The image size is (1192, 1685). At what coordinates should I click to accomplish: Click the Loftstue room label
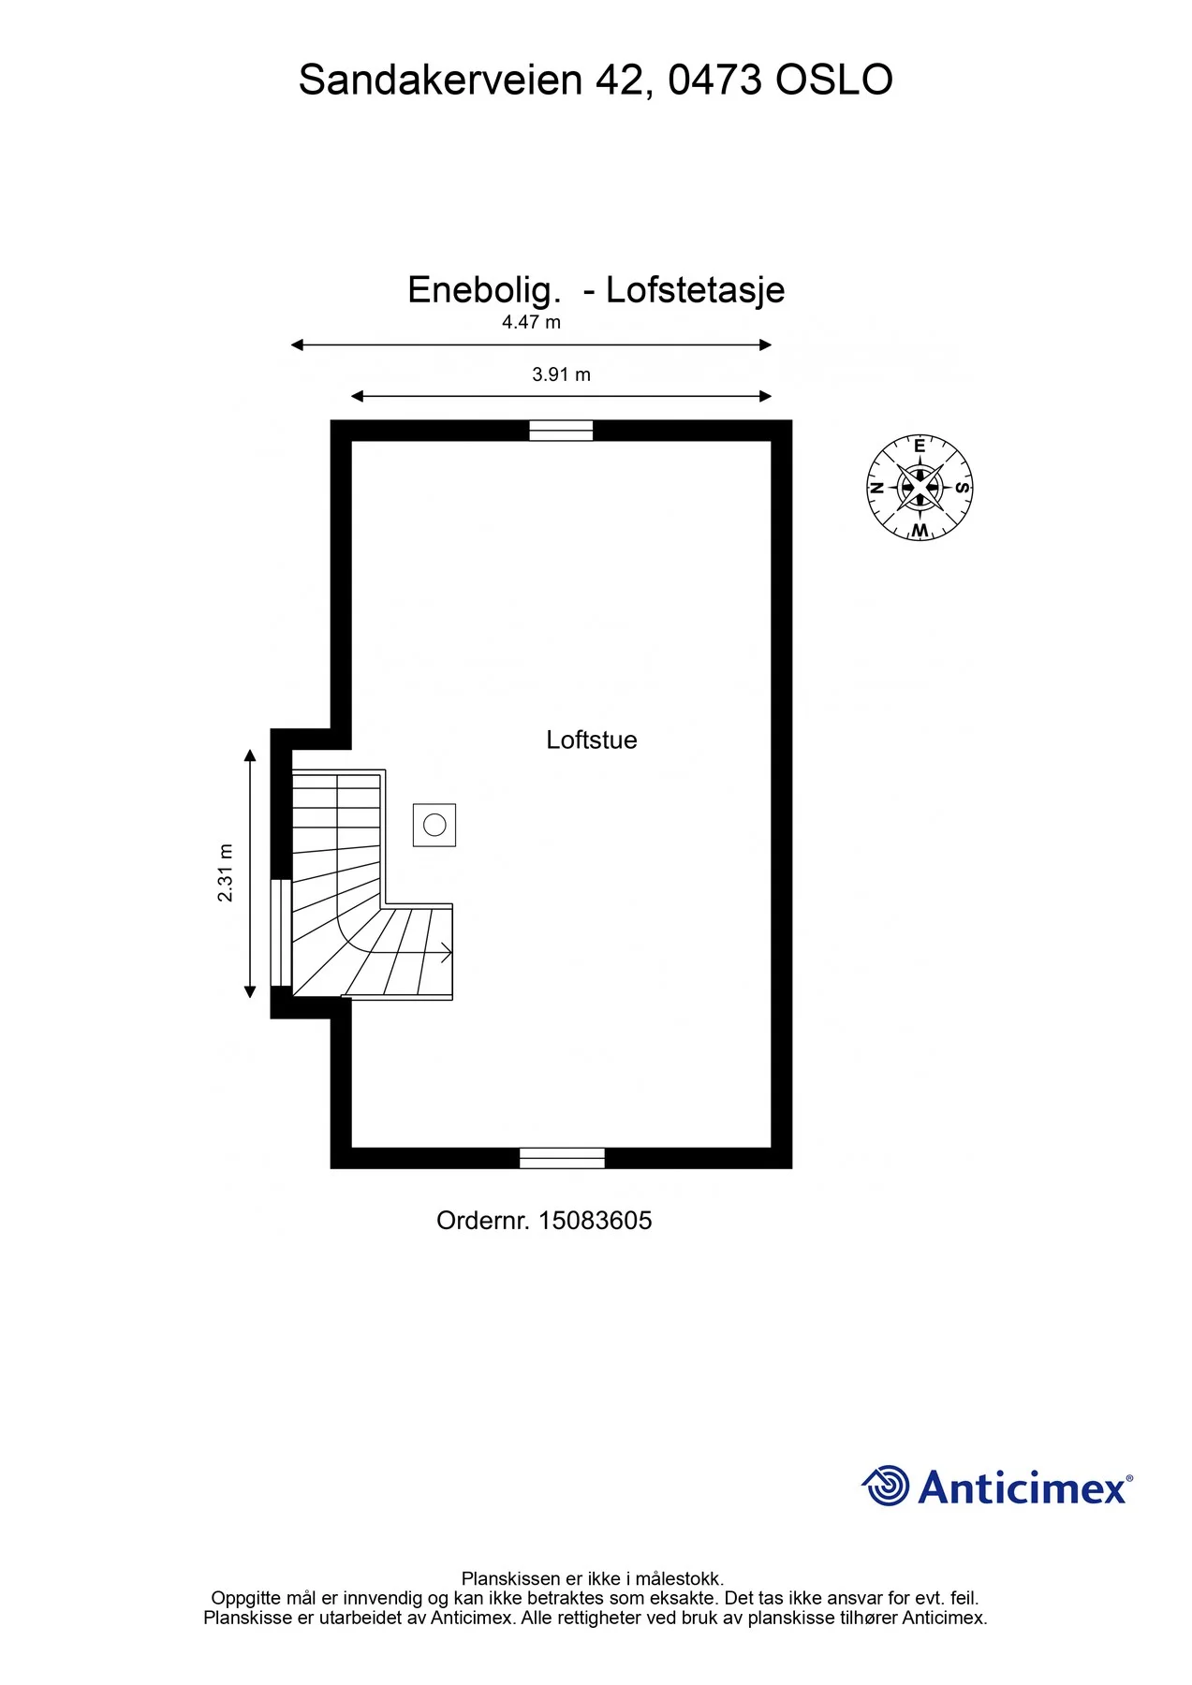592,740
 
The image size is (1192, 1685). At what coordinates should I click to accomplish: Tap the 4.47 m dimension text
531,322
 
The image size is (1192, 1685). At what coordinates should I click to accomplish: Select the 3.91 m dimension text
561,374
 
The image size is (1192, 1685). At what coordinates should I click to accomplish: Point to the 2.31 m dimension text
226,872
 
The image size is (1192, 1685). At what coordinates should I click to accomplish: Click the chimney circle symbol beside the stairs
434,825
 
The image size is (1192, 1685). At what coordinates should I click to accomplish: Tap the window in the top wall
561,431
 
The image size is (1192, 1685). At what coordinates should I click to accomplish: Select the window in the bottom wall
562,1158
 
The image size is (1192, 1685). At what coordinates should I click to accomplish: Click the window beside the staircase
281,932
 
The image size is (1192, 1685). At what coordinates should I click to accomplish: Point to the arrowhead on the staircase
447,953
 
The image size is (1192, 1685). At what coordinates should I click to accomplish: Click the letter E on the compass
920,447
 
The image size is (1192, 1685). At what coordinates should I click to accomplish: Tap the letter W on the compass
920,531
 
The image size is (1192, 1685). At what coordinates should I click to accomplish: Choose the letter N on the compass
877,488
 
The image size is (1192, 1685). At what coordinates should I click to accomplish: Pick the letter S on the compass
963,488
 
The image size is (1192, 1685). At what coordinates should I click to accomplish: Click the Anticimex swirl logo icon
885,1486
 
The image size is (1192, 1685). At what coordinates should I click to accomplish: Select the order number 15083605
596,1221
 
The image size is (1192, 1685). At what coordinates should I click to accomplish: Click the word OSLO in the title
834,81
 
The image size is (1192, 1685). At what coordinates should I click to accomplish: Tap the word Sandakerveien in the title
441,81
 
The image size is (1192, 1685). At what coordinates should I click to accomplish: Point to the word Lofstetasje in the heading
696,290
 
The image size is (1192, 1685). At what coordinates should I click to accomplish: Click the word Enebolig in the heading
484,290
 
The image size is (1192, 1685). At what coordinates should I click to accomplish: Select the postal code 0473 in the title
715,81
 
